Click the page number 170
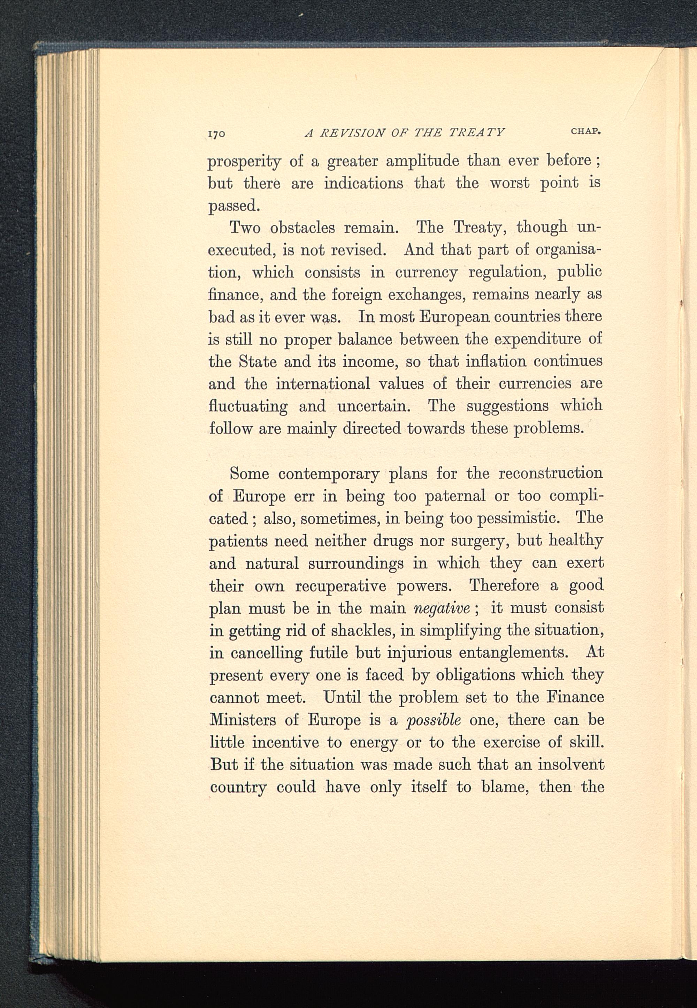point(216,133)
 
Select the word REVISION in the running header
point(352,133)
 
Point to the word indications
point(363,183)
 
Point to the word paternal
point(455,496)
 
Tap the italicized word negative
point(441,608)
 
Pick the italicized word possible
point(433,720)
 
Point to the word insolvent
point(571,764)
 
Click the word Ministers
point(243,720)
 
